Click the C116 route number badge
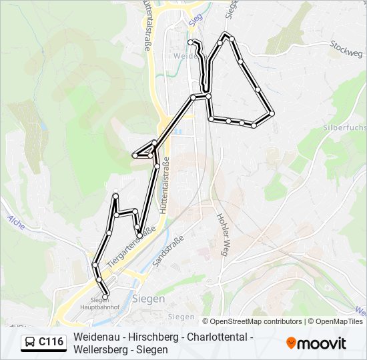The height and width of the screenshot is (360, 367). click(x=51, y=342)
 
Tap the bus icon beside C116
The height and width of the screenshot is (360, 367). click(x=30, y=343)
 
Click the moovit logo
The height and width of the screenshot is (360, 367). click(x=316, y=343)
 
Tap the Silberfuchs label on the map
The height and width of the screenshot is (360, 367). click(x=343, y=127)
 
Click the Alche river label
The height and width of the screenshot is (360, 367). click(x=16, y=223)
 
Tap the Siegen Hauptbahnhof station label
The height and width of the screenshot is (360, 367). click(x=94, y=304)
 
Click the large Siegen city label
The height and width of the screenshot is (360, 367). click(x=148, y=299)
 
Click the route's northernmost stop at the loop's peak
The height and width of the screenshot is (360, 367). click(x=226, y=35)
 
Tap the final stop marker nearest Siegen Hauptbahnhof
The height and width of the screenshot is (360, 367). click(x=105, y=295)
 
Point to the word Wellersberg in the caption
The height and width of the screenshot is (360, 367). click(x=100, y=349)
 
